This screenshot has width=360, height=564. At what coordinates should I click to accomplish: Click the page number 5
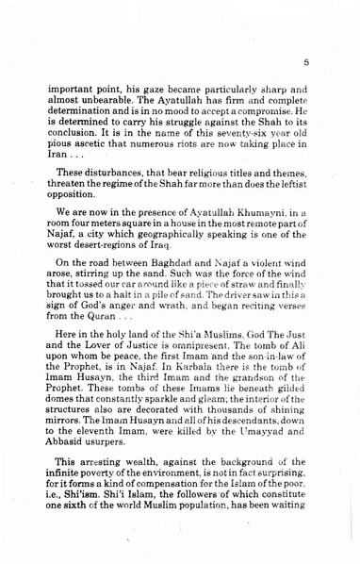pos(307,63)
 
